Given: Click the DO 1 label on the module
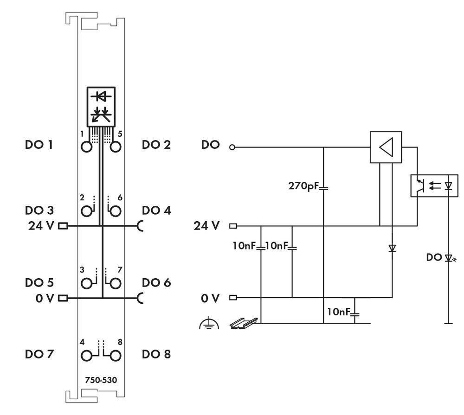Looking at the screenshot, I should (x=39, y=145).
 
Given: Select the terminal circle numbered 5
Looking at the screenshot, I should (x=116, y=147).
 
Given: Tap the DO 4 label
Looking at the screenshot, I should (x=156, y=210).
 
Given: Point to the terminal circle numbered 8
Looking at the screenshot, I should (x=116, y=356).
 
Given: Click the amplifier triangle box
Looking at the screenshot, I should (x=386, y=147).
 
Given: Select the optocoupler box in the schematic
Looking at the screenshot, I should (x=434, y=186).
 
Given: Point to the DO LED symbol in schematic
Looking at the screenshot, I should (x=448, y=258).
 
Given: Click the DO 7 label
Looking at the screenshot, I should (x=39, y=354).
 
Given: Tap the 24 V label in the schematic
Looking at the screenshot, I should (x=206, y=226).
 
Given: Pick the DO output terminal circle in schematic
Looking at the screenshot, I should (x=232, y=147).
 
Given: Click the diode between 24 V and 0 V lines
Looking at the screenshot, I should (x=392, y=249).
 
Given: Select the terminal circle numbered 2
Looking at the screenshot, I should (x=86, y=211).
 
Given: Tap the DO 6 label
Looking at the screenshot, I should (x=156, y=282).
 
